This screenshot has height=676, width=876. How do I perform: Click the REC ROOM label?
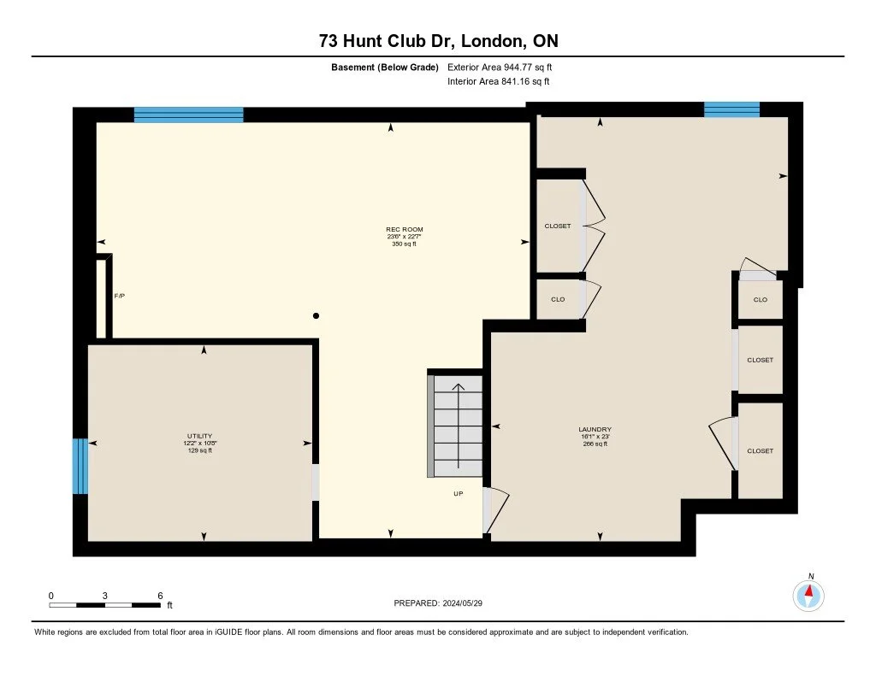[404, 229]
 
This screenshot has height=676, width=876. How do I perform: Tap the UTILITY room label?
[199, 436]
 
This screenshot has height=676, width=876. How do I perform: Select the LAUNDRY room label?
[595, 429]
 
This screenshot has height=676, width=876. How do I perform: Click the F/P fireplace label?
[120, 296]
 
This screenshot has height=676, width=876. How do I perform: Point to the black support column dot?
[316, 316]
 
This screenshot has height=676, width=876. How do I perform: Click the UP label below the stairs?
[459, 494]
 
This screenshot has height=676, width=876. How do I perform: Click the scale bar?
[105, 605]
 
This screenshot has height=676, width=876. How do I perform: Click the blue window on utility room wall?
[80, 466]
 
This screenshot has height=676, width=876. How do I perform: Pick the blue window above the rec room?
[188, 115]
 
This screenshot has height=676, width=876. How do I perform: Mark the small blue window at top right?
[731, 109]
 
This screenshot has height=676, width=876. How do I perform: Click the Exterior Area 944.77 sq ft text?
[506, 67]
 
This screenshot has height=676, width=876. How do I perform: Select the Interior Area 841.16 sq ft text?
[498, 82]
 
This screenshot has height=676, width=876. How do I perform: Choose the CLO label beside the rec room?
[557, 300]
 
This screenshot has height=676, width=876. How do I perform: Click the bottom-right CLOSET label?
[760, 450]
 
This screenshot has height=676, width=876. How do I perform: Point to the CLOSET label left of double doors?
[557, 226]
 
